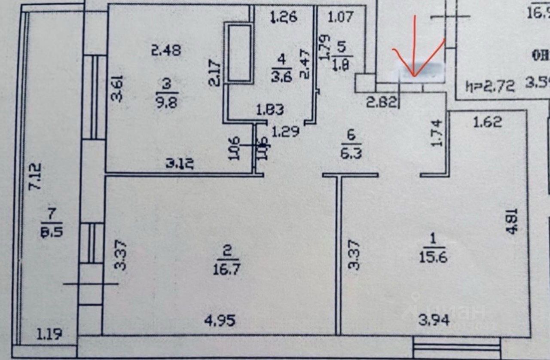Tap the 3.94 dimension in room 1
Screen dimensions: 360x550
click(x=434, y=320)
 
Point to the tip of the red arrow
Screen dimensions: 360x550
click(x=414, y=76)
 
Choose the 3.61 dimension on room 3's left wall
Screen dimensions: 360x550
click(x=117, y=88)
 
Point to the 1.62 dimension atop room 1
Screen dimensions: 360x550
click(x=487, y=122)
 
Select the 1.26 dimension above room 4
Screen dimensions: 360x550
click(x=283, y=18)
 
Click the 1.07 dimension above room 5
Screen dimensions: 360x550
click(x=340, y=17)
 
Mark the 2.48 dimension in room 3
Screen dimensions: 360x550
click(x=166, y=50)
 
